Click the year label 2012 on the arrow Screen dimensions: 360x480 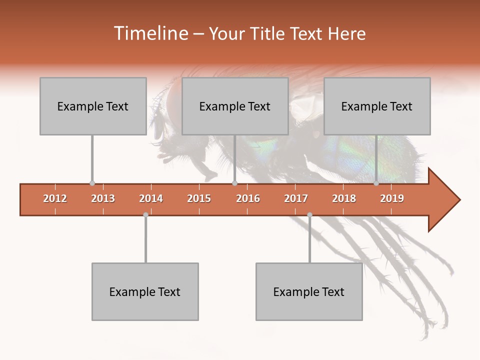point(55,198)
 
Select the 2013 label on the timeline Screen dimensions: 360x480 point(103,198)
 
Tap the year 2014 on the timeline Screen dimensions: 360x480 point(151,198)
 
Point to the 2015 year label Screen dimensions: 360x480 point(199,198)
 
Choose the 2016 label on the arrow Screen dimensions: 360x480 point(248,198)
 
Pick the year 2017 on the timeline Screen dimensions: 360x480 point(296,198)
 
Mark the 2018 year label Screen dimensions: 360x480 point(344,198)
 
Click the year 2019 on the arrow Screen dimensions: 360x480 point(392,198)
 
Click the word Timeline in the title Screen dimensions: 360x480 point(151,33)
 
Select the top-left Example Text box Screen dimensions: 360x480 point(93,106)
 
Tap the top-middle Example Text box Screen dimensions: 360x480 point(235,106)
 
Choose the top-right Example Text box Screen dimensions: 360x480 point(377,106)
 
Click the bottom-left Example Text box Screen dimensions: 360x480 point(145,291)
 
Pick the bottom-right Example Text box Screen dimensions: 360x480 point(309,291)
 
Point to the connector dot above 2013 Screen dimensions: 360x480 point(92,183)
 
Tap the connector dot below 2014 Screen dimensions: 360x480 point(145,215)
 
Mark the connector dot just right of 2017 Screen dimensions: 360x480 point(309,215)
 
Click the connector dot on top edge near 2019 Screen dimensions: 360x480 point(376,183)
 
